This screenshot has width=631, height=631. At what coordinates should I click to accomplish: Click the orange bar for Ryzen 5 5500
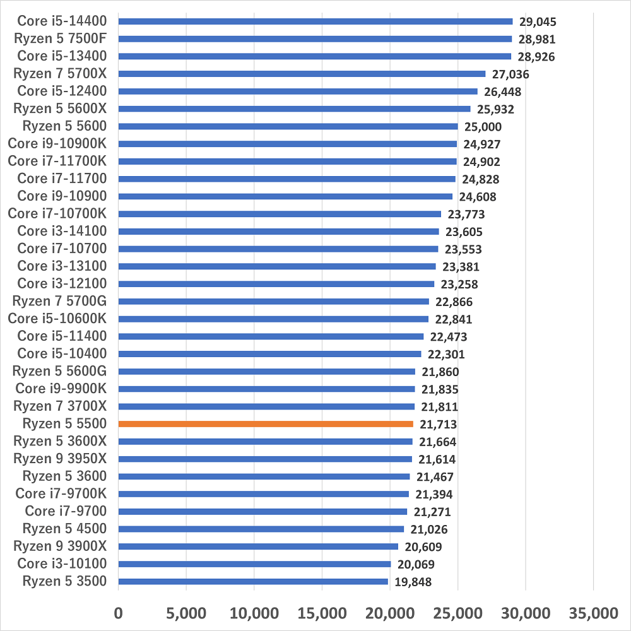[x=266, y=424]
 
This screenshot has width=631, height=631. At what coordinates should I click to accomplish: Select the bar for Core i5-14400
[x=315, y=21]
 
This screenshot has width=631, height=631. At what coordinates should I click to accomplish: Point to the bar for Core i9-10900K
[x=287, y=144]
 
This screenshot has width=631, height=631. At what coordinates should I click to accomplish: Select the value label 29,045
[x=538, y=21]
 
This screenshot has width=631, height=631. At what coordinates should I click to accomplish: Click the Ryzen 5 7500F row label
[x=60, y=38]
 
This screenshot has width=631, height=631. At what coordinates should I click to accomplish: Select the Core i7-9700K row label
[x=61, y=493]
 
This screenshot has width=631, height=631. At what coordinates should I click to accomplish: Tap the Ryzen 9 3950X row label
[x=60, y=458]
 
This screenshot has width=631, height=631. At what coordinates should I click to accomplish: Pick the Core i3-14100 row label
[x=62, y=231]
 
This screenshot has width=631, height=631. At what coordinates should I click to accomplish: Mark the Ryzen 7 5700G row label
[x=60, y=301]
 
